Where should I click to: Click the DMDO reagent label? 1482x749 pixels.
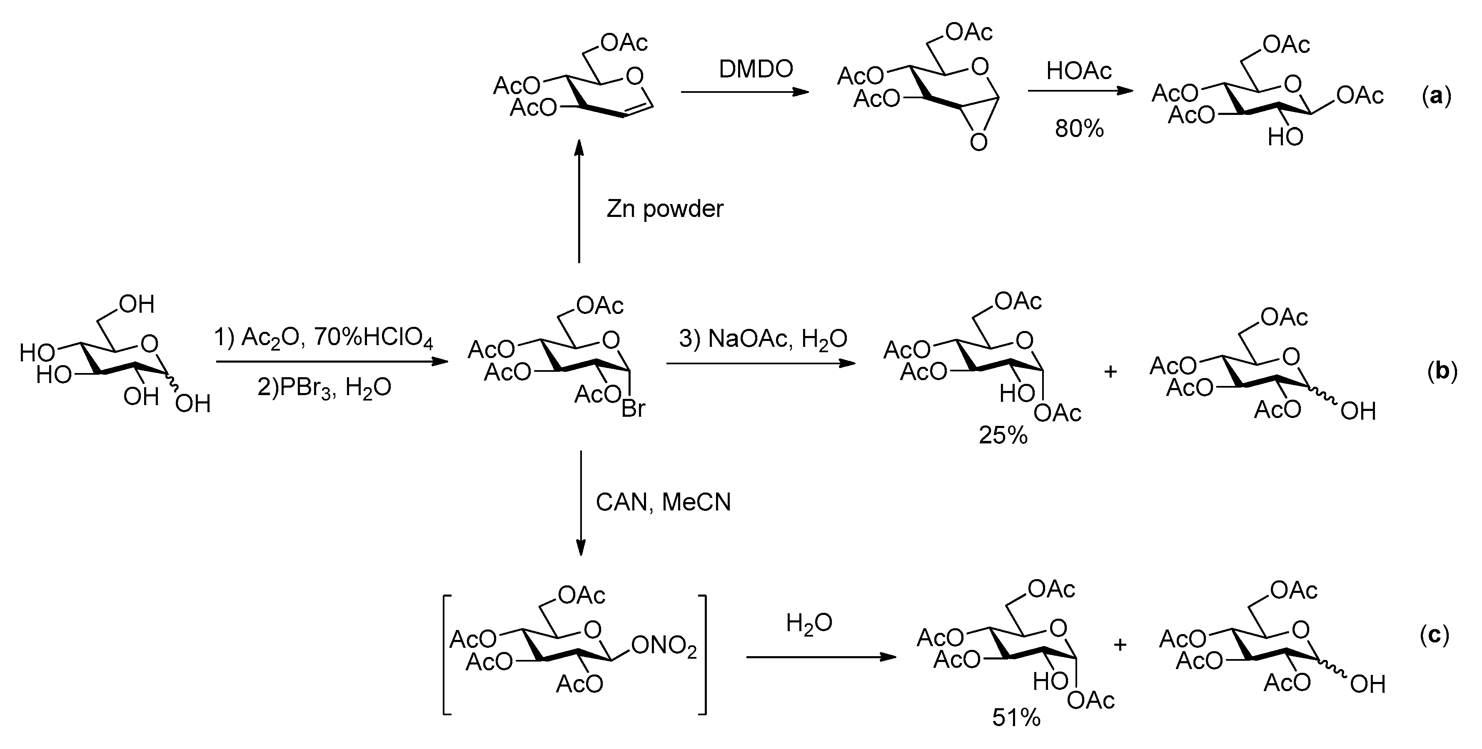pos(756,69)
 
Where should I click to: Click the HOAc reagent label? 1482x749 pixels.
pos(1079,71)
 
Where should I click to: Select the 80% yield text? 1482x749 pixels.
pos(1079,129)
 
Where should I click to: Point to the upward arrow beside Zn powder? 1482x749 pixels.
pos(579,202)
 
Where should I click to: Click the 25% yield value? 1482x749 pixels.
pos(1003,435)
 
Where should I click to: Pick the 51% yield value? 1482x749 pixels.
pos(1016,717)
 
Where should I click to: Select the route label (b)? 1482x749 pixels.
pos(1442,372)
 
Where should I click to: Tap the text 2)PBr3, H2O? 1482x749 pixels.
pos(324,387)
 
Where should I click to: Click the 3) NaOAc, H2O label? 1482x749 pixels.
pos(763,339)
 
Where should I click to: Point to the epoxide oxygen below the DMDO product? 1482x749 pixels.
pos(978,142)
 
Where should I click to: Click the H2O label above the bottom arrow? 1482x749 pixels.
pos(809,623)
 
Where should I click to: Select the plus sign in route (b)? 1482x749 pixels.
pos(1110,372)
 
